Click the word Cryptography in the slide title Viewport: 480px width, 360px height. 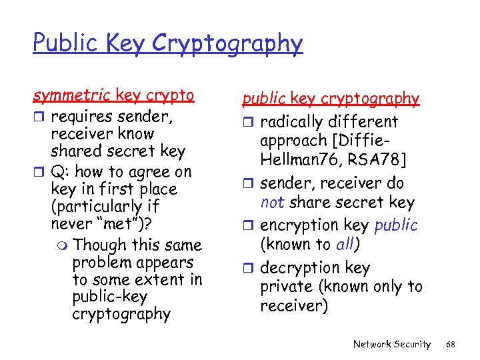click(x=227, y=44)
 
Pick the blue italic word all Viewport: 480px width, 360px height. click(x=345, y=244)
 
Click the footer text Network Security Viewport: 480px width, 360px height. click(x=391, y=343)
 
